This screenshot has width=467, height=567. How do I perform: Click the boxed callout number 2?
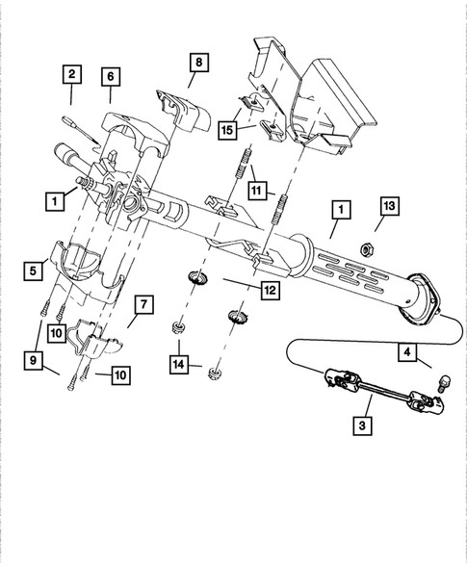click(72, 72)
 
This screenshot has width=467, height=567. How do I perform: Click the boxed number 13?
click(388, 206)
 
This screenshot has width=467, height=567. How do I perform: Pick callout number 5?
click(33, 272)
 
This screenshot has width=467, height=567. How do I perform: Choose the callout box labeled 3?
click(362, 424)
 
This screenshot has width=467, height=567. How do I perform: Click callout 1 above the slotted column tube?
click(338, 207)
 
